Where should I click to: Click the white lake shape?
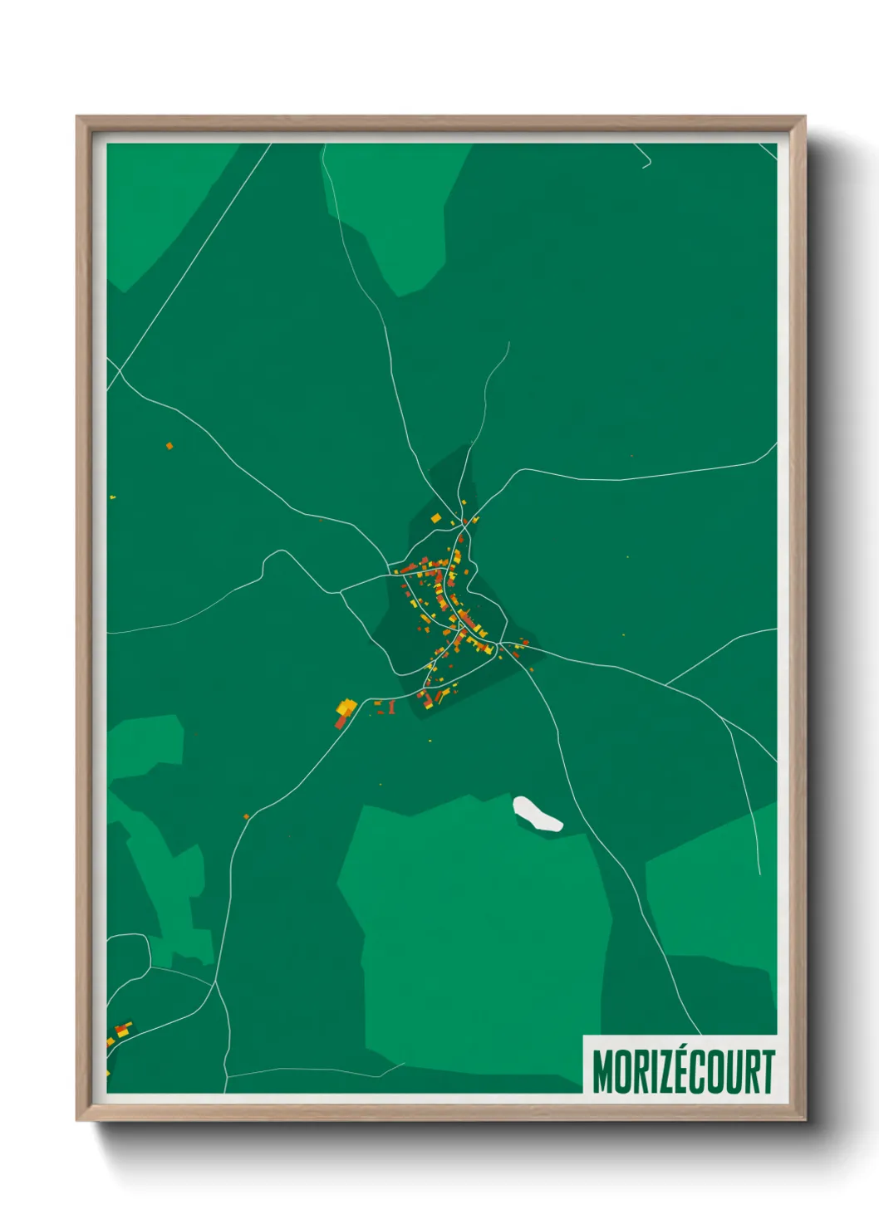[537, 815]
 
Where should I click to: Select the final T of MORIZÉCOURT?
[766, 1072]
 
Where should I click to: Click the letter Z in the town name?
[664, 1072]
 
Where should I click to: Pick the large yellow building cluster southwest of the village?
[346, 708]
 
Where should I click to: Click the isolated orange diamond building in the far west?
[169, 446]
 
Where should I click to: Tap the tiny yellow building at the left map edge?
[112, 497]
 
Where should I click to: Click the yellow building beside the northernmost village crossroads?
[435, 518]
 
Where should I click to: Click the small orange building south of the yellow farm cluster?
[246, 816]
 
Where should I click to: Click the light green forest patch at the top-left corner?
[158, 208]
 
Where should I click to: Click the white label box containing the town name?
[680, 1065]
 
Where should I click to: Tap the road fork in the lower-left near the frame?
[217, 983]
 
